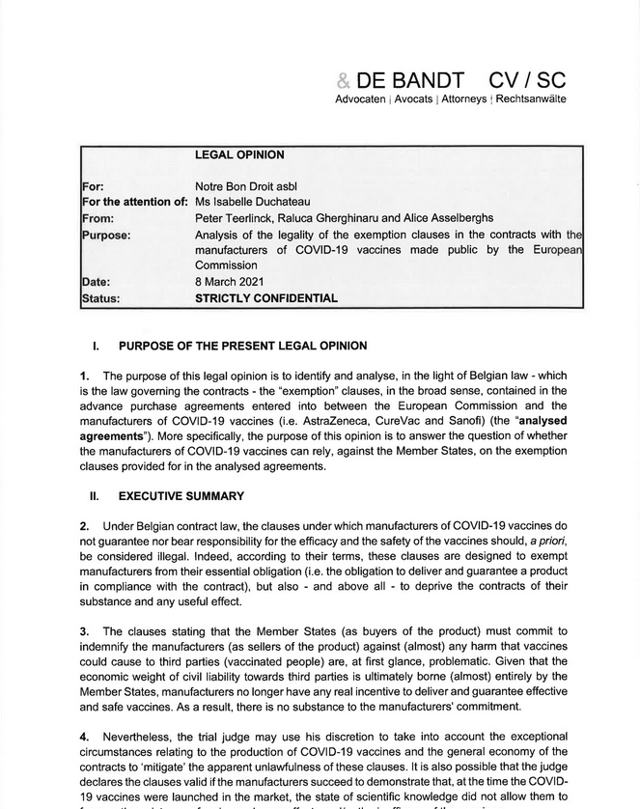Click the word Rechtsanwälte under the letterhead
[531, 100]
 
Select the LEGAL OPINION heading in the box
[239, 154]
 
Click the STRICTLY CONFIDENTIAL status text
[266, 298]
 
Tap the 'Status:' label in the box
[101, 298]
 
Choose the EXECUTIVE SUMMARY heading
[181, 496]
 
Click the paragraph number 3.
[85, 631]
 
